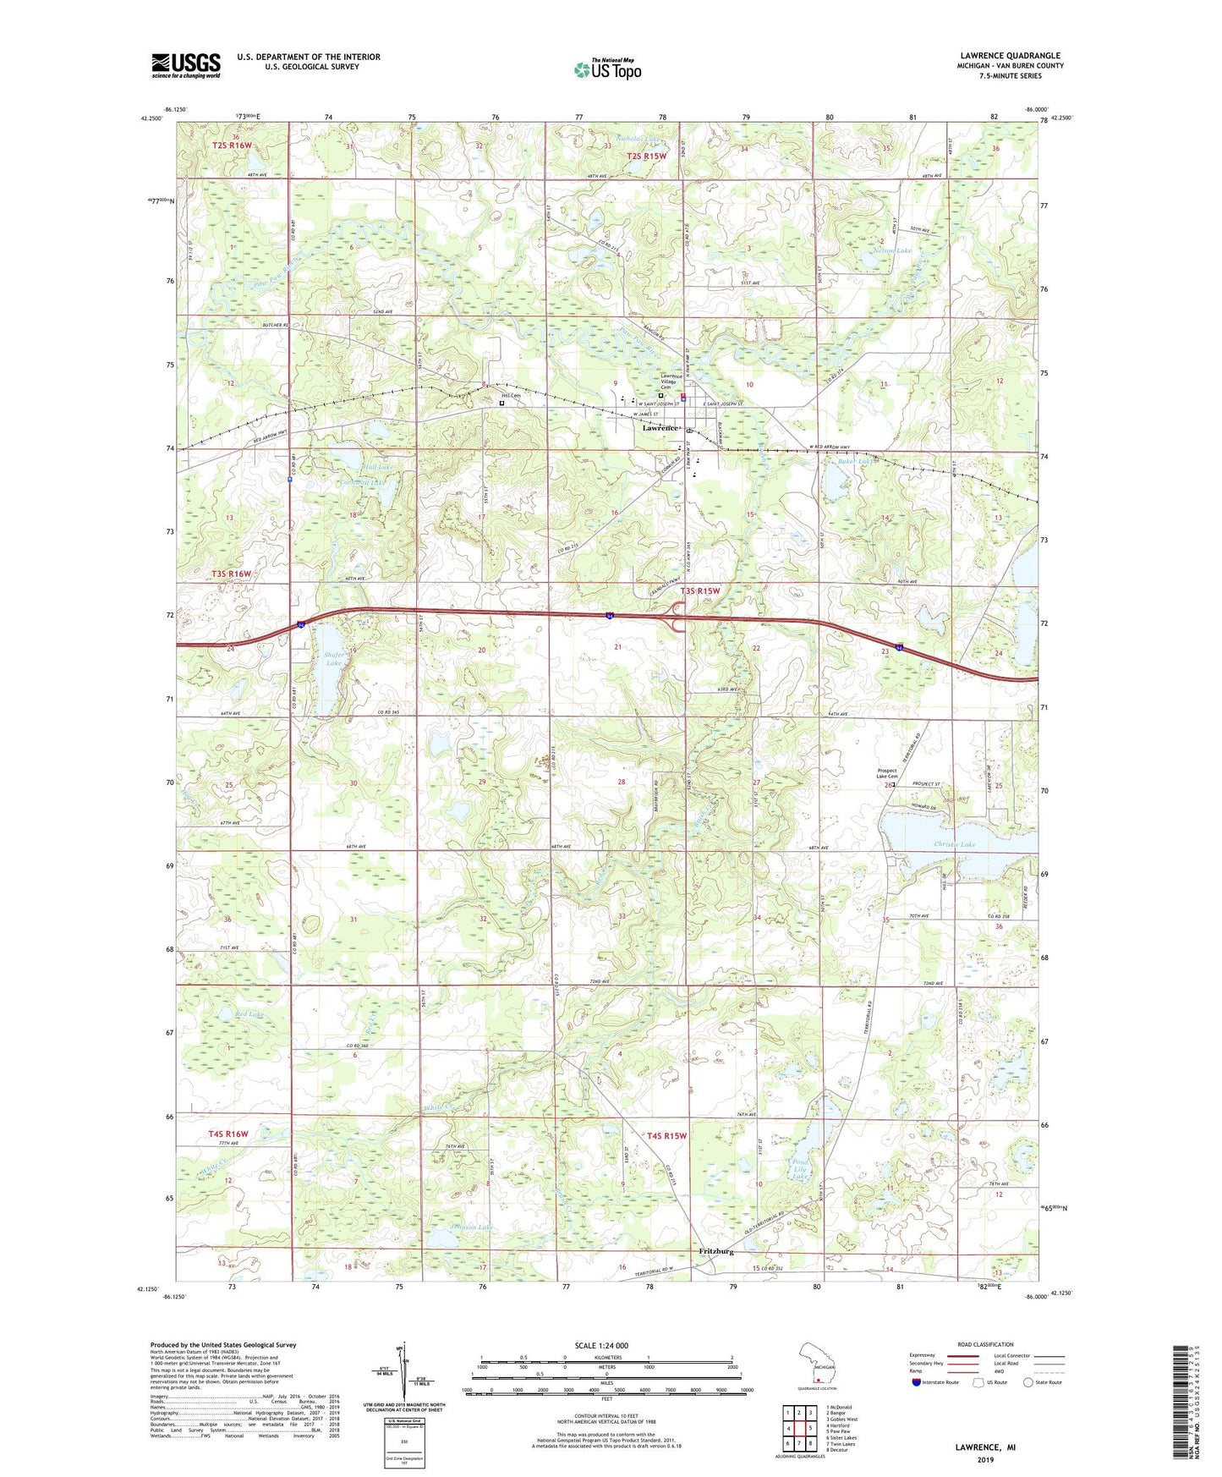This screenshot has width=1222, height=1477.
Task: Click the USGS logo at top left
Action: tap(185, 65)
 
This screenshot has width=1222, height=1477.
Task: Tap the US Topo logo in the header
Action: tap(607, 69)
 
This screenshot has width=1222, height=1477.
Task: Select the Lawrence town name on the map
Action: tap(660, 428)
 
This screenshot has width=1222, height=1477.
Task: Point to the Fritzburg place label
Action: tap(716, 1251)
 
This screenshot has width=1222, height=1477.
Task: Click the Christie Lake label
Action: tap(955, 844)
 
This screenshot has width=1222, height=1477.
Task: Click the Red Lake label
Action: tap(249, 1013)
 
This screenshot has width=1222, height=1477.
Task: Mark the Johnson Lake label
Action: tap(472, 1227)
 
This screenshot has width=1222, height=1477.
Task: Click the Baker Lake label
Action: tap(855, 462)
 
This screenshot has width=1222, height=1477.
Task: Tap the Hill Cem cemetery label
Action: tap(511, 395)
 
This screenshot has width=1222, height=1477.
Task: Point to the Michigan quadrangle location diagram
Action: tap(818, 1364)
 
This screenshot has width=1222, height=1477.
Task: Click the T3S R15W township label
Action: tap(699, 590)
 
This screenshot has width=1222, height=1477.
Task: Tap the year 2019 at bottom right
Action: tap(985, 1460)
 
